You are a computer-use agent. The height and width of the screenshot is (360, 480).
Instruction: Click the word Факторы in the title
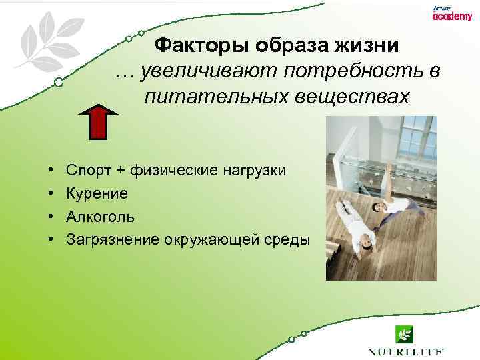pos(190,46)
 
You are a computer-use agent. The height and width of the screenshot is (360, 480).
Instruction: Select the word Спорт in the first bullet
pos(89,170)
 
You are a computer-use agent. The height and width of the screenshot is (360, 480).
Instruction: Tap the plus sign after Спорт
pos(120,171)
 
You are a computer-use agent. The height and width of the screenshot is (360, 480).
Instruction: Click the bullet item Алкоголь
pos(100,217)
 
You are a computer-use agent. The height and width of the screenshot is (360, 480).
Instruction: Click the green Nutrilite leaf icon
pos(404,333)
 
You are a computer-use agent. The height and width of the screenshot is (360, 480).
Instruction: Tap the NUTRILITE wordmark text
pos(405,351)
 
